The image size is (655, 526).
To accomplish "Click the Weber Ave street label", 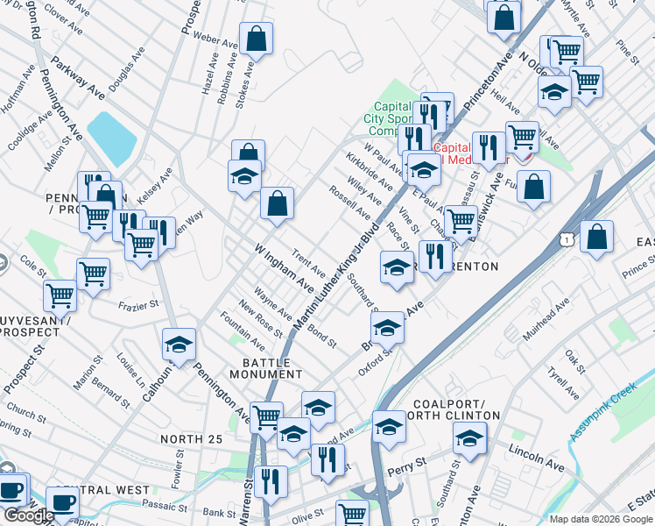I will (x=215, y=39).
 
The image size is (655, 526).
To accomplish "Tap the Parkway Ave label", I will (x=77, y=79).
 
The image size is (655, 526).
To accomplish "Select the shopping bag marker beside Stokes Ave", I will (x=256, y=39).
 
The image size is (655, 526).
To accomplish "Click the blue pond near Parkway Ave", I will (x=111, y=139).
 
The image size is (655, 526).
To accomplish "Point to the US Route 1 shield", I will (x=570, y=238).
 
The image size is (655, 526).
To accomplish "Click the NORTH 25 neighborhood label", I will (x=192, y=438).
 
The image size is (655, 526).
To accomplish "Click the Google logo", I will (x=29, y=515).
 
